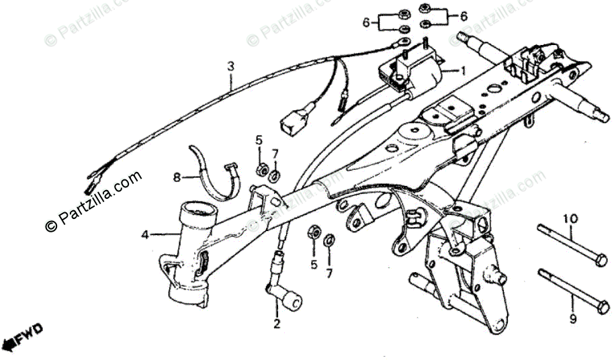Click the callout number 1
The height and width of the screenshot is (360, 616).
[x=461, y=70]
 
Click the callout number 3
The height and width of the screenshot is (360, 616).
[x=230, y=66]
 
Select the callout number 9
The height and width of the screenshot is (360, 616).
[x=573, y=319]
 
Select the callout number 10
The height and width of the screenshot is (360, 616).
[x=570, y=219]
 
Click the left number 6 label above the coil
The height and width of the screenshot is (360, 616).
[x=366, y=23]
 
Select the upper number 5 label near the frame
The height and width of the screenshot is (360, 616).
[x=259, y=140]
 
